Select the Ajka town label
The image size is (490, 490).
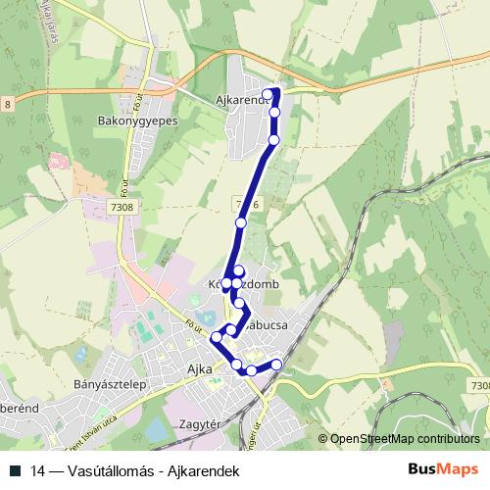pos(199,369)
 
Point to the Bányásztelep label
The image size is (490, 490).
pos(110,385)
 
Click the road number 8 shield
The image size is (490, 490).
pos(8,104)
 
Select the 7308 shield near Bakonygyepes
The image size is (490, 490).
pos(123,208)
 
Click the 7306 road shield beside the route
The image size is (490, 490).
pos(247,204)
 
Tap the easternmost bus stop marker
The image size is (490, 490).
pos(276,365)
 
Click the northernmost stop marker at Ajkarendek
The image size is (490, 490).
pos(269,94)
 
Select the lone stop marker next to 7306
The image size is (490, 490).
pos(241,223)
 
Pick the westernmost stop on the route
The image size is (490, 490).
pos(216,337)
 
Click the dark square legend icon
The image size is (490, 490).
pos(16,471)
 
